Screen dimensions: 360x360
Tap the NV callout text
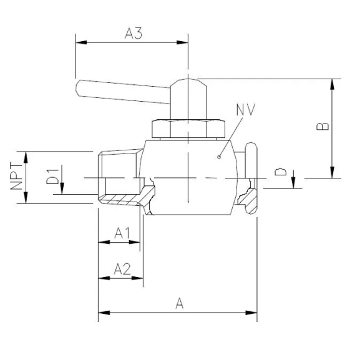coord(246,111)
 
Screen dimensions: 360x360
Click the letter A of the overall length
coord(180,303)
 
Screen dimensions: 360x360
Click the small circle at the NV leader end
coord(219,157)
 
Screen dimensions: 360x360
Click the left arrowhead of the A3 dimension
coord(79,43)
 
